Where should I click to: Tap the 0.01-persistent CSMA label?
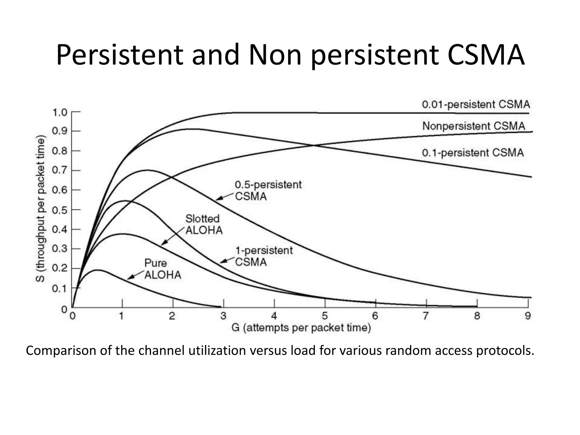(476, 105)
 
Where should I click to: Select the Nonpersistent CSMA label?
(474, 126)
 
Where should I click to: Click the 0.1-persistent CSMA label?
(473, 153)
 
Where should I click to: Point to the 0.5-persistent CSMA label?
(268, 190)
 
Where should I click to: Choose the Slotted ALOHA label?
(204, 224)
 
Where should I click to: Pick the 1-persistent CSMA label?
(264, 256)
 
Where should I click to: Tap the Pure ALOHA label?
(163, 269)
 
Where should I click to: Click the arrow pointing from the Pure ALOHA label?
(135, 275)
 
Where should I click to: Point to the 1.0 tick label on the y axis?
(60, 112)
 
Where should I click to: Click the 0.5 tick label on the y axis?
(60, 210)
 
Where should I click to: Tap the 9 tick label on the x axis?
(528, 316)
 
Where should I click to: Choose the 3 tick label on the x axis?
(223, 316)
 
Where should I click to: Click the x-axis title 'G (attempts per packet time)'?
(301, 328)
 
